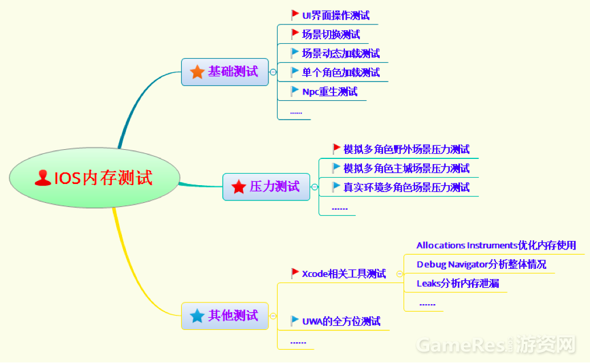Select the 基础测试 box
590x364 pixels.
pos(225,72)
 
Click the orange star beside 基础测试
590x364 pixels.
pos(197,72)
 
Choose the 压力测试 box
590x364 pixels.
pos(266,186)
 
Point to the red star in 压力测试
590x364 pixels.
pos(238,187)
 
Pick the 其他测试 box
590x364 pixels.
pos(225,316)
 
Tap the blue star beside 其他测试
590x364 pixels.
pos(197,316)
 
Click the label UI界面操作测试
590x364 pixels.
pos(336,15)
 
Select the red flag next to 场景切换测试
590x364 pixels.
pos(295,34)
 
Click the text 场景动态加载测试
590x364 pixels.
pos(341,53)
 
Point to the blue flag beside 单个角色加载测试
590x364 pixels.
pos(295,72)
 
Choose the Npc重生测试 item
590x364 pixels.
pos(329,91)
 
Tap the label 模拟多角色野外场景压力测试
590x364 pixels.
pos(406,149)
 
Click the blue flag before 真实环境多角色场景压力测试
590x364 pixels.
pos(336,186)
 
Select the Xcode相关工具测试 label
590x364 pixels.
pos(344,273)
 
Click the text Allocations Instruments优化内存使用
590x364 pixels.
pos(496,246)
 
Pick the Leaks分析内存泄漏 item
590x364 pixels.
pos(458,283)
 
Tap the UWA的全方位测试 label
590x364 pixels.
pos(341,321)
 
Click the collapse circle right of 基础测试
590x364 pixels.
pos(273,72)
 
